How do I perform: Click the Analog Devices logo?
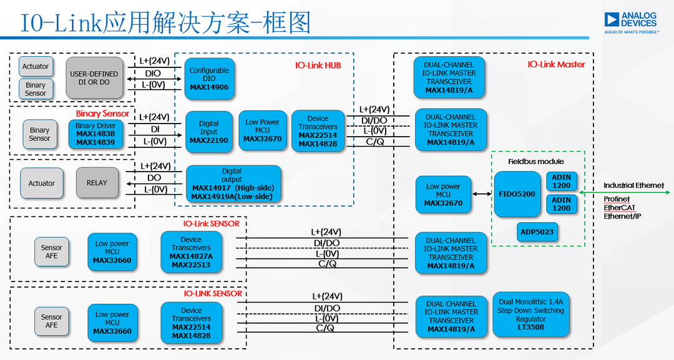(630, 22)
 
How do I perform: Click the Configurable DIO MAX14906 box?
(209, 79)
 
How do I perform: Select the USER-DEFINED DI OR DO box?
(94, 78)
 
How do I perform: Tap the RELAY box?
(96, 183)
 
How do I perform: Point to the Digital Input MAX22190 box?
(208, 132)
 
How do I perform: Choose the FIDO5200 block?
(517, 194)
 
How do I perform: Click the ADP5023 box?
(536, 232)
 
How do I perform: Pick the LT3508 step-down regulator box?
(530, 314)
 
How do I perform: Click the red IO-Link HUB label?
(318, 65)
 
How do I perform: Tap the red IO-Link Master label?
(556, 64)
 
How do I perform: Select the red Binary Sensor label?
(102, 114)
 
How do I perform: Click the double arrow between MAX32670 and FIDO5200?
(481, 194)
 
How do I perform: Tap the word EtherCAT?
(617, 208)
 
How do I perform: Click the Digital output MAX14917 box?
(233, 183)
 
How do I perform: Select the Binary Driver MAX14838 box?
(95, 134)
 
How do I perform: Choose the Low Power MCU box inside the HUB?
(262, 130)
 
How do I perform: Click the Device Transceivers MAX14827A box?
(191, 252)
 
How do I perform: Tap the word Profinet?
(616, 200)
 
